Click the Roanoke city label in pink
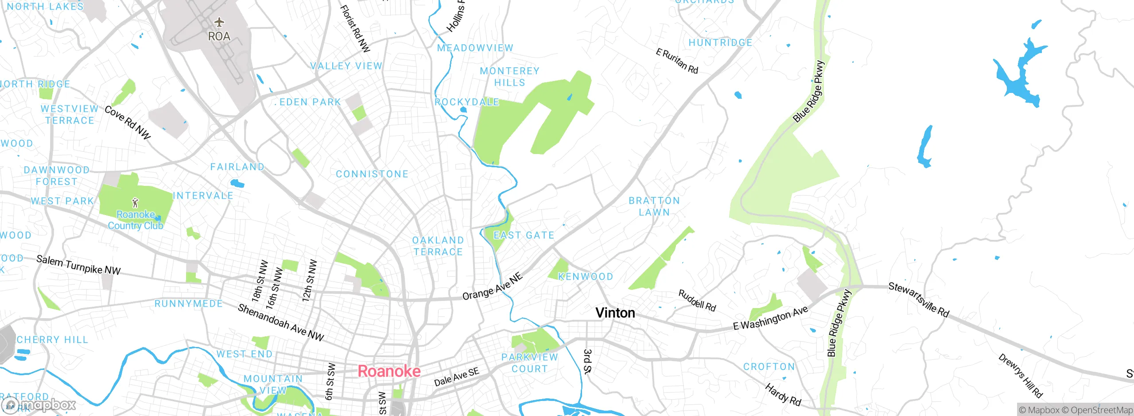tap(389, 371)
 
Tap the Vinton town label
tap(615, 313)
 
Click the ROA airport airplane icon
tap(219, 22)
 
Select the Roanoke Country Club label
tap(136, 220)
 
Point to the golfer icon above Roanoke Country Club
tap(135, 203)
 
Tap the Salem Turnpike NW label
tap(78, 265)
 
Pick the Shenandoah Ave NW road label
tap(281, 322)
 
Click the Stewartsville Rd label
tap(919, 300)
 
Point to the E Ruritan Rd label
tap(677, 61)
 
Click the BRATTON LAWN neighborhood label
tap(654, 206)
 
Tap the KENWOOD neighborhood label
tap(586, 277)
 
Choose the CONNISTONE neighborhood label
tap(372, 174)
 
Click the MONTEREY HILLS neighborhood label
tap(509, 77)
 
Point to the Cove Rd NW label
tap(128, 122)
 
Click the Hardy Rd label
tap(783, 395)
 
